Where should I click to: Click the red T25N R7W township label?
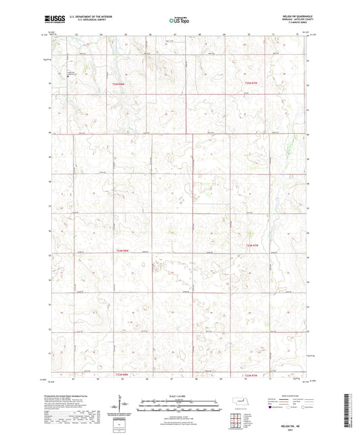[x=251, y=83]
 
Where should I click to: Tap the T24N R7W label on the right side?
[x=251, y=245]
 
